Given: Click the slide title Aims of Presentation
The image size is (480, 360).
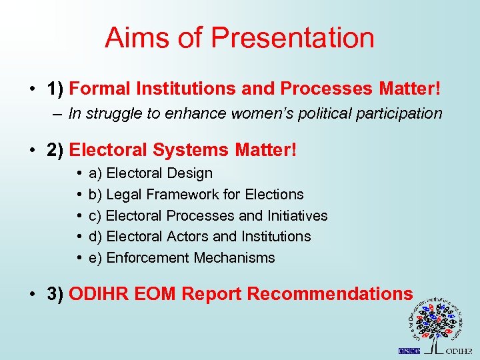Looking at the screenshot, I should click(x=239, y=38).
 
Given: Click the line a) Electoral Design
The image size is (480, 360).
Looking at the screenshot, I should click(x=150, y=173).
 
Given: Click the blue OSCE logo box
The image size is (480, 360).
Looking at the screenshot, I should click(x=409, y=351).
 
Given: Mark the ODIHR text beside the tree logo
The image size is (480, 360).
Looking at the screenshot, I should click(x=459, y=351).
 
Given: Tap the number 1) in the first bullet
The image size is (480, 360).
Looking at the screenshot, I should click(x=55, y=89).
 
